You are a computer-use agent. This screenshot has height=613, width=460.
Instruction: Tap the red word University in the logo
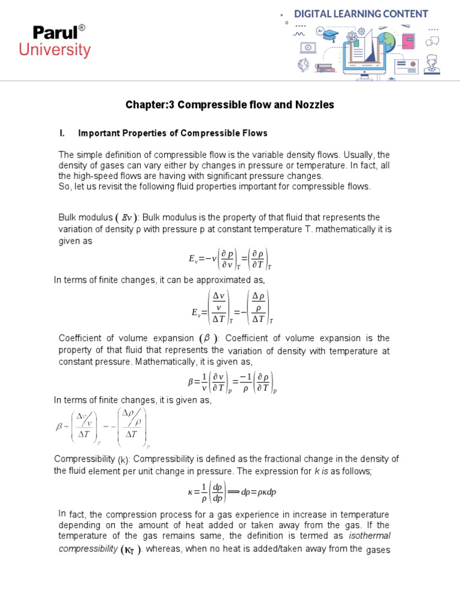click(55, 50)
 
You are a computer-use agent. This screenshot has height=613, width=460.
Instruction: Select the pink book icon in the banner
click(408, 42)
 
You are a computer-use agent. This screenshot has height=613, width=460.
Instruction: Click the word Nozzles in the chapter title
click(313, 105)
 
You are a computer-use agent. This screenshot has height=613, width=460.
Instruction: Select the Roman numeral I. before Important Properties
click(61, 133)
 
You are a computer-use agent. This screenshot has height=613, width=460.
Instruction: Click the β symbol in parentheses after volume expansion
click(208, 338)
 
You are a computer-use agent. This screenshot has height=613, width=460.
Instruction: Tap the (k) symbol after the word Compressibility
click(123, 460)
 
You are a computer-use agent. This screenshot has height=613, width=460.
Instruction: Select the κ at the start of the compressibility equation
click(190, 492)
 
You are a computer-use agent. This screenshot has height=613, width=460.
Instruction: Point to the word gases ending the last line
click(378, 550)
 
